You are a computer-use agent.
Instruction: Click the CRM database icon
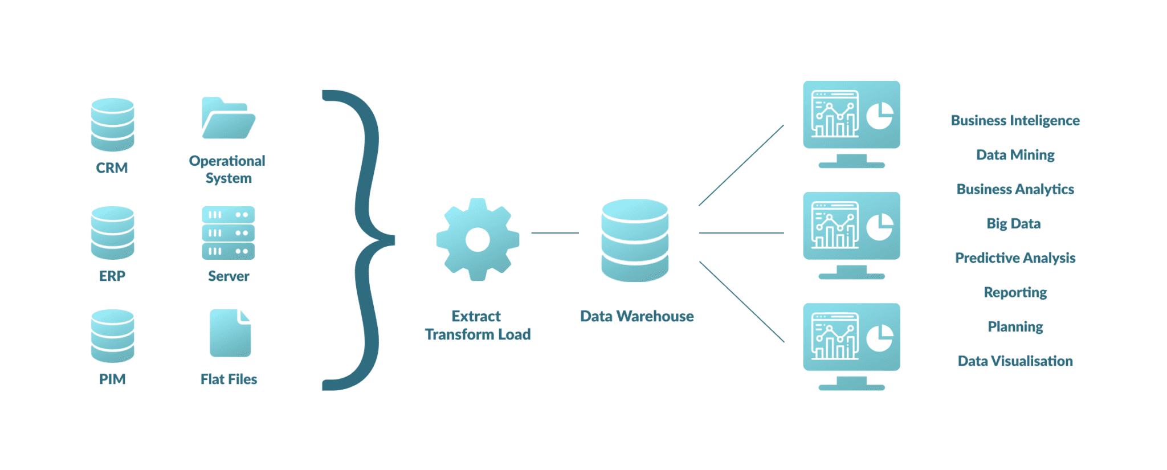coord(112,124)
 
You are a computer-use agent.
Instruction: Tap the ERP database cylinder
coord(112,232)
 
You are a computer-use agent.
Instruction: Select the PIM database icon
coord(112,336)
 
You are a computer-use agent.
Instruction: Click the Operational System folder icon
coord(228,118)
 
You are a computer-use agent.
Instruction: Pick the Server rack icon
coord(228,232)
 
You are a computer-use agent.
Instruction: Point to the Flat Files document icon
coord(230,333)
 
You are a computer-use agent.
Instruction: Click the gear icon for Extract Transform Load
coord(478,239)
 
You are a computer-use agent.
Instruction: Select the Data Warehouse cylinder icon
coord(635,240)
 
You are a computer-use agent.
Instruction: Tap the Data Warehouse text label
coord(636,316)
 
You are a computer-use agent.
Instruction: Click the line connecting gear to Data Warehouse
coord(555,232)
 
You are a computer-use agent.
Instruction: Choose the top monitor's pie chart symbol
coord(880,116)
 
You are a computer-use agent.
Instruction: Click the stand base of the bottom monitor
coord(851,387)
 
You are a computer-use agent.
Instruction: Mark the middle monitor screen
coord(851,226)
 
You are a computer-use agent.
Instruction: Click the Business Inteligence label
coord(1015,121)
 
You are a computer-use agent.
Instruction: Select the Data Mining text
coord(1015,155)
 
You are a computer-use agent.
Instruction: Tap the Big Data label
coord(1013,223)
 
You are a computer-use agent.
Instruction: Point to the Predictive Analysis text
coord(1015,258)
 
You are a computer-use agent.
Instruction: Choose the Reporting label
coord(1015,292)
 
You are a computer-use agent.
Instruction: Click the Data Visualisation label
coord(1015,361)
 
